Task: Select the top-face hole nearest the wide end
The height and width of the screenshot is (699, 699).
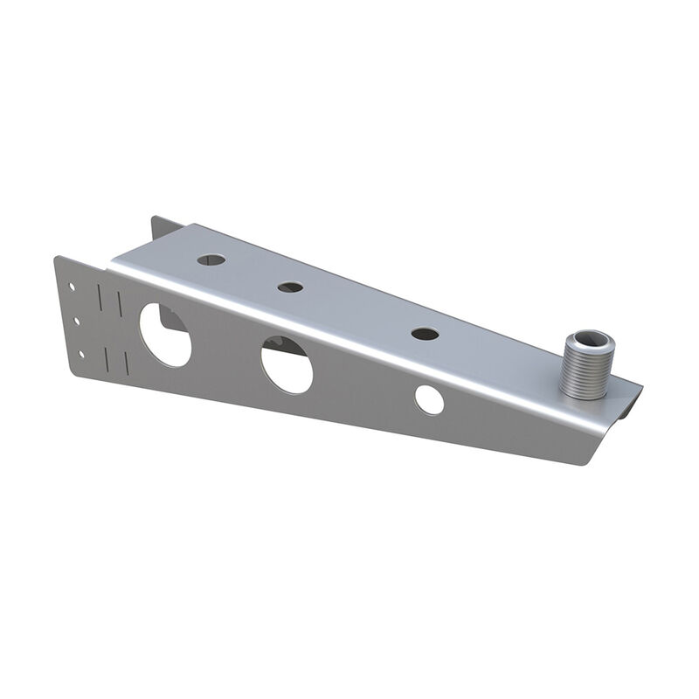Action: point(211,260)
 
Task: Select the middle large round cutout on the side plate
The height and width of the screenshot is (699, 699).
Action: point(286,365)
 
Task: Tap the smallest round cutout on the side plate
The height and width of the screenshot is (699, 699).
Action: point(428,398)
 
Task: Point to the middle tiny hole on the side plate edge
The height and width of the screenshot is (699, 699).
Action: point(77,321)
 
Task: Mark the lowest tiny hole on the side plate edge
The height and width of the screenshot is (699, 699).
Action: point(81,354)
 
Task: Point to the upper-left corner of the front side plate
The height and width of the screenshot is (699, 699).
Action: point(58,259)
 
